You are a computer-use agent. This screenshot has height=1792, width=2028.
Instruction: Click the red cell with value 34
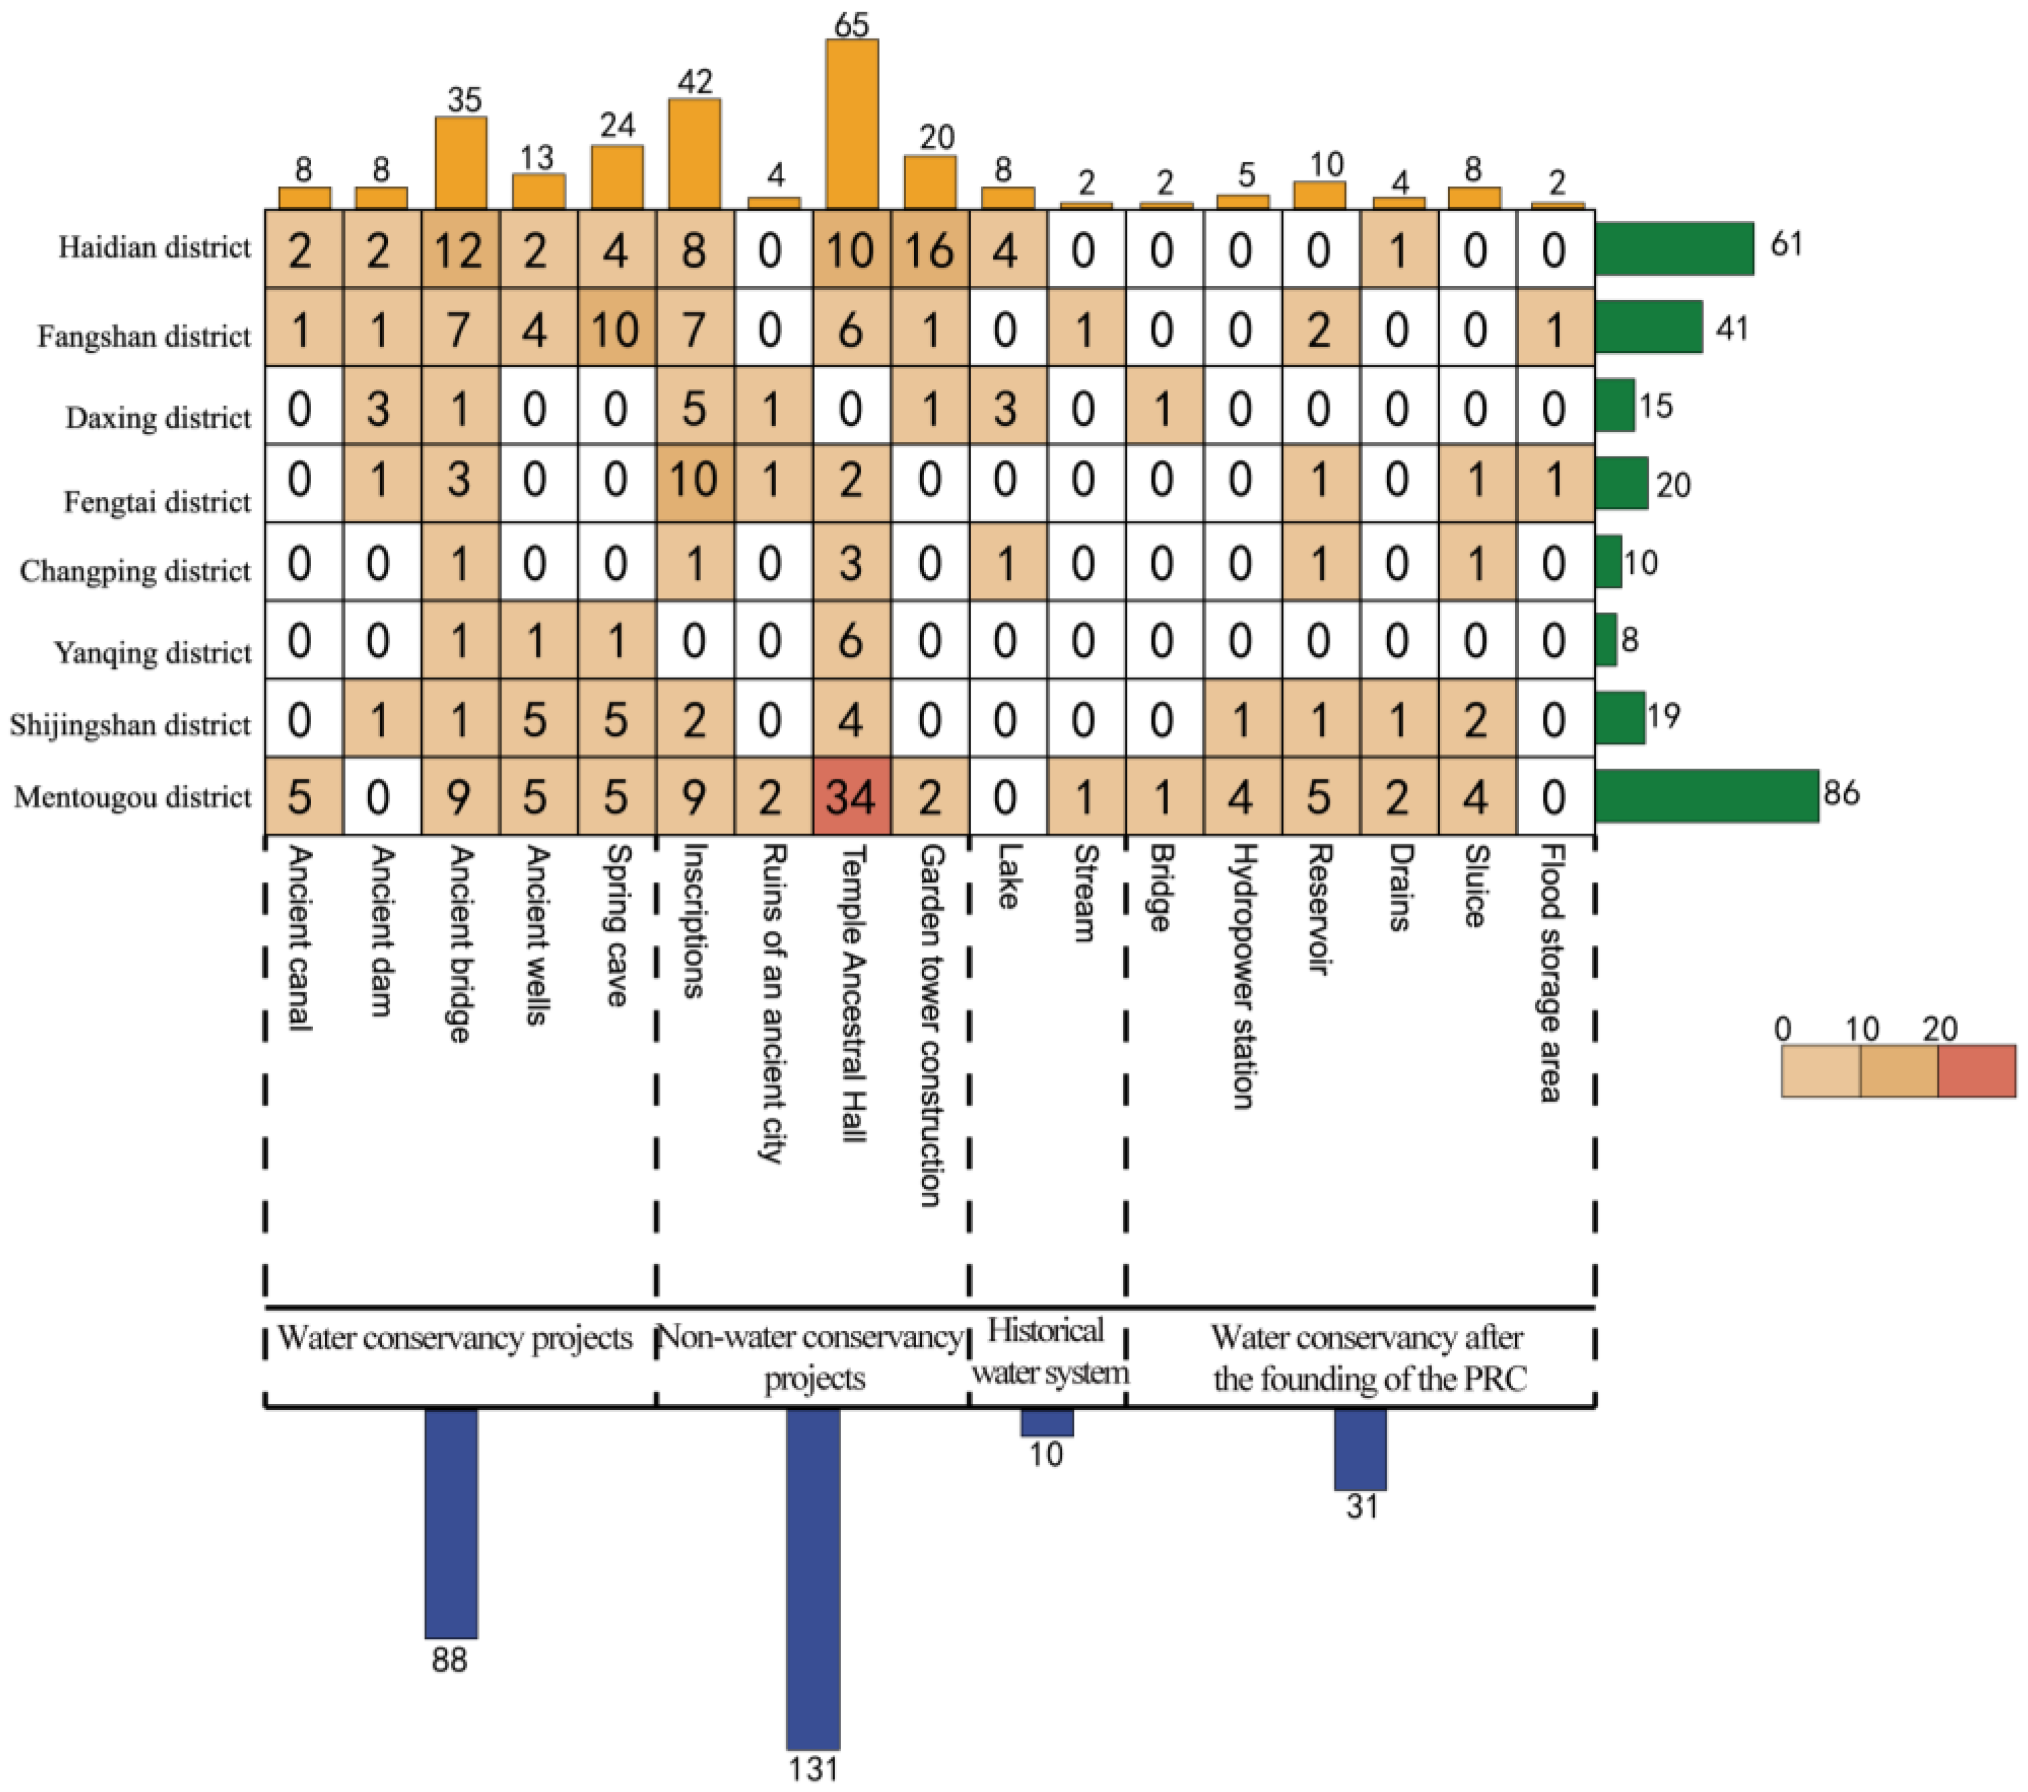coord(851,797)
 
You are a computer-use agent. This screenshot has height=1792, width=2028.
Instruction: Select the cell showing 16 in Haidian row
coord(930,249)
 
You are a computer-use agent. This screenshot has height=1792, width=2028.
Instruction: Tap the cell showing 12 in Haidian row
coord(460,249)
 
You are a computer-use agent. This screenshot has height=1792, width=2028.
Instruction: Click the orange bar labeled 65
coord(851,124)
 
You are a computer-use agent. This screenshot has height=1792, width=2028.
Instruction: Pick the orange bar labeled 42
coord(694,154)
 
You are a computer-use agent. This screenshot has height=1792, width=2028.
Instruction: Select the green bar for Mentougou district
coord(1706,796)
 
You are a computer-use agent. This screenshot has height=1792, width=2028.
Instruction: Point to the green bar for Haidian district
coord(1674,248)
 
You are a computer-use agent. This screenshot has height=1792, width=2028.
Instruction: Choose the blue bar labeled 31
coord(1359,1449)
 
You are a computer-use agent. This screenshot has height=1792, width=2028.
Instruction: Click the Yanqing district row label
coord(153,653)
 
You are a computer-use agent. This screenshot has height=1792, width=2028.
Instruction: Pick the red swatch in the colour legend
coord(1977,1071)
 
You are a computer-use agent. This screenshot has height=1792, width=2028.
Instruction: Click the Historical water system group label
coord(1048,1351)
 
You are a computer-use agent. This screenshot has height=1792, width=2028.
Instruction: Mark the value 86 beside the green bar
coord(1841,794)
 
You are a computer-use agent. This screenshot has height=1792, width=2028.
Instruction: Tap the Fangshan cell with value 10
coord(616,329)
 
